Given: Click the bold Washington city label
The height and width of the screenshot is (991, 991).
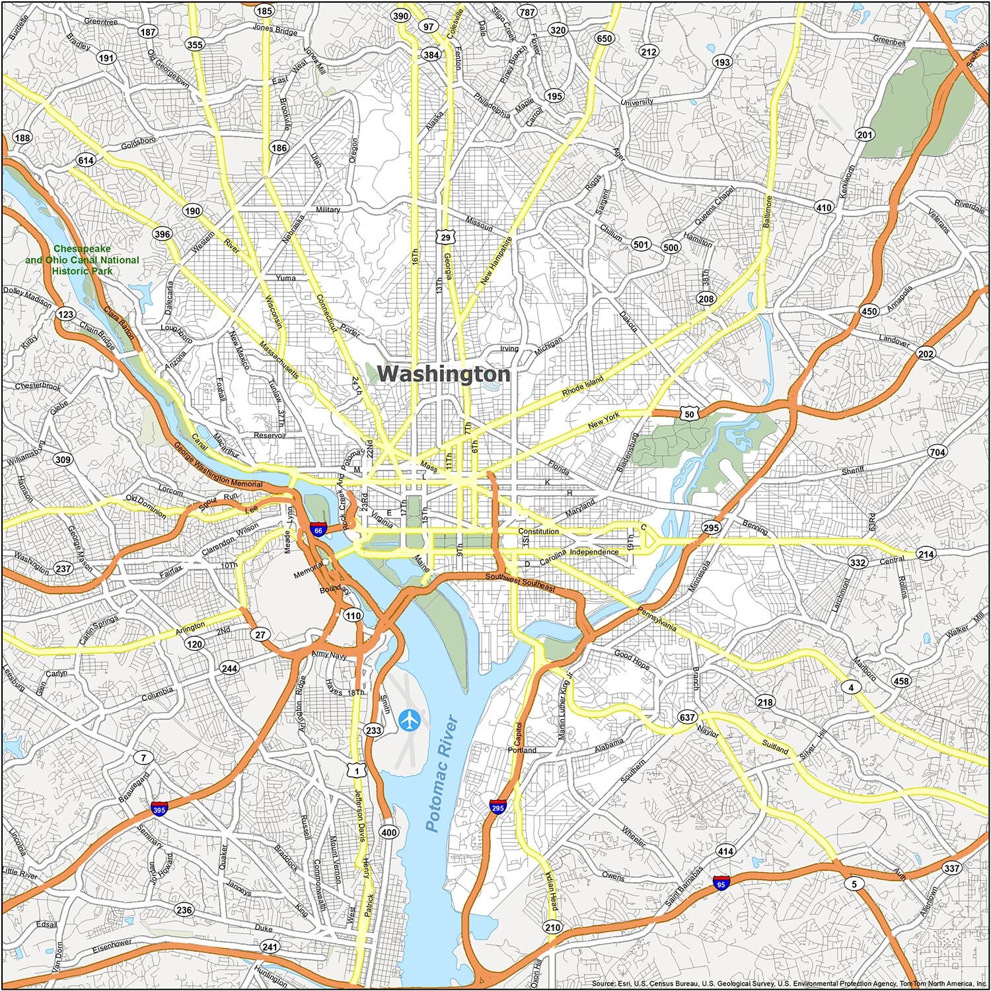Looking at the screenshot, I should pos(443,374).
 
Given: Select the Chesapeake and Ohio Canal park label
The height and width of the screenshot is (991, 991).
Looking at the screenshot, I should pos(83,260).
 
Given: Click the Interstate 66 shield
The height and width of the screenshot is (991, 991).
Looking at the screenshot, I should pos(318,530).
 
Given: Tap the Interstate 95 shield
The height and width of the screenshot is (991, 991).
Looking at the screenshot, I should pos(721,883).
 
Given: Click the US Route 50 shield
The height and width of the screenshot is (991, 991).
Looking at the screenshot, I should pos(689,414).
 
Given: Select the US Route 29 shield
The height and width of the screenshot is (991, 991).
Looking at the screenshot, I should pos(447,237).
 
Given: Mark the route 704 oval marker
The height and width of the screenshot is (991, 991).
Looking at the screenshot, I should pos(937,453).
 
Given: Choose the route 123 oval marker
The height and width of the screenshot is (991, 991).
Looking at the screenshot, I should pos(65,314).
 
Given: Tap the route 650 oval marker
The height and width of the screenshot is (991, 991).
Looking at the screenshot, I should pos(604,38).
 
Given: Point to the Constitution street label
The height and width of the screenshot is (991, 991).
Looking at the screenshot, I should pos(538,531).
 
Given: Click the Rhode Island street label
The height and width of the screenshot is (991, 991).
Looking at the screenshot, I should pos(583,387).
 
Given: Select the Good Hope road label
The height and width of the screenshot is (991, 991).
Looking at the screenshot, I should pos(632,659).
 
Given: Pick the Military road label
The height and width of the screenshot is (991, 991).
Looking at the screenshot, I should pos(328,209).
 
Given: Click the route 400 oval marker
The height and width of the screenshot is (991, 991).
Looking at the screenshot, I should pos(389,832).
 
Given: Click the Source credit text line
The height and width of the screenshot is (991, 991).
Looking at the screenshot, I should pos(789,984).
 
